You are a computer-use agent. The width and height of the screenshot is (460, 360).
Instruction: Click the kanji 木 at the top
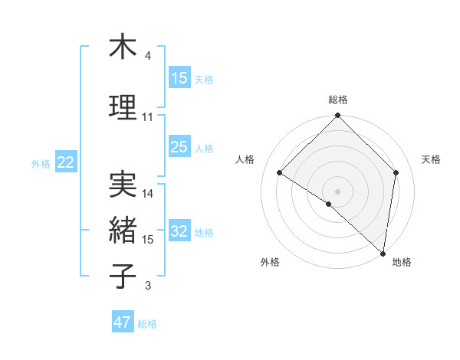(123, 47)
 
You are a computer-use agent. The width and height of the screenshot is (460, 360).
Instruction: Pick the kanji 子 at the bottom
(123, 275)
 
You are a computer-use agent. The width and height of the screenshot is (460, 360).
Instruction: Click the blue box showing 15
(179, 78)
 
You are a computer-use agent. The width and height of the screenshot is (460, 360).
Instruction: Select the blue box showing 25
(179, 148)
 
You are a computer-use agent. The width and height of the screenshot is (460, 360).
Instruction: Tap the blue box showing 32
(179, 232)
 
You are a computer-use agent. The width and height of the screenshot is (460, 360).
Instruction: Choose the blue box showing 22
(66, 162)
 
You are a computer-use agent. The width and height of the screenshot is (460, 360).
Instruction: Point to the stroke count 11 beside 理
(148, 117)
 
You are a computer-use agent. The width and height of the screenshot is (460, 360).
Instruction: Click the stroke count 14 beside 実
(148, 194)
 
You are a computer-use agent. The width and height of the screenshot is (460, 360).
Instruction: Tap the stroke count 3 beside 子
(148, 286)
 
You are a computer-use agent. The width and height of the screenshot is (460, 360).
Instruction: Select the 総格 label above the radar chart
(337, 100)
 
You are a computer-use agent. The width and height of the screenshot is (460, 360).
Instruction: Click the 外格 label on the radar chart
(270, 262)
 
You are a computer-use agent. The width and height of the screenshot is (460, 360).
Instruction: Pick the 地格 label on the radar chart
(402, 262)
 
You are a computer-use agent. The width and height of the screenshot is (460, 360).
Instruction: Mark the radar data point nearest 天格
(396, 172)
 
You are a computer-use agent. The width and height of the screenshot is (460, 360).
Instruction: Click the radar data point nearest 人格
(279, 172)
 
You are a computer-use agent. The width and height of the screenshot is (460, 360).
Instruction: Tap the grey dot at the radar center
(337, 191)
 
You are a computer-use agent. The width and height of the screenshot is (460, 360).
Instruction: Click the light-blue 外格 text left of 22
(41, 163)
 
